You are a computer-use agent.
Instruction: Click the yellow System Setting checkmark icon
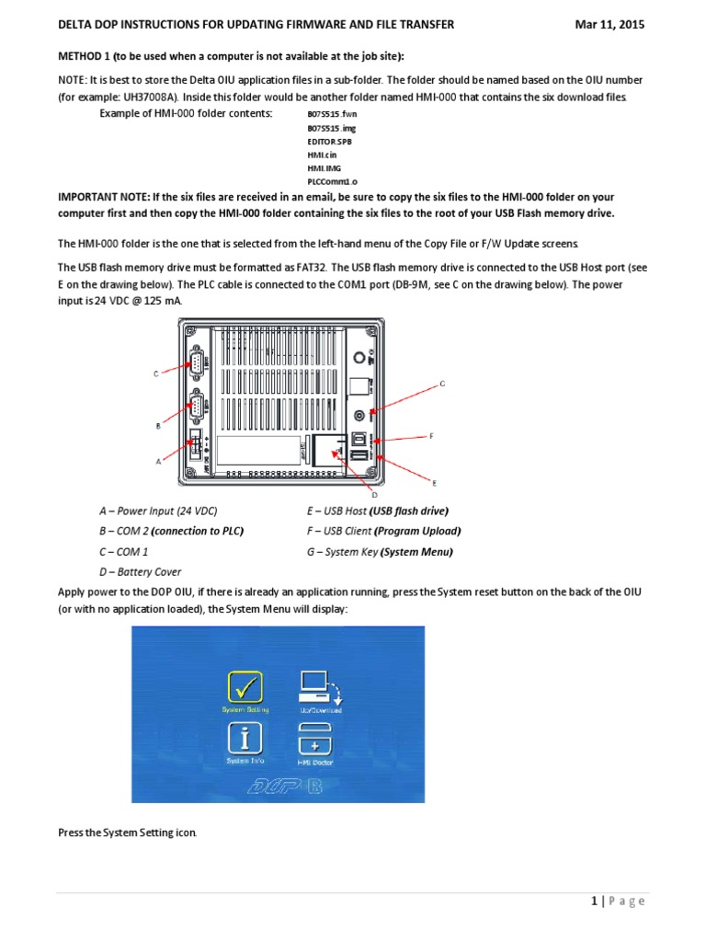(x=244, y=687)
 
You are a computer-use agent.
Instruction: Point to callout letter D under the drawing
(x=374, y=494)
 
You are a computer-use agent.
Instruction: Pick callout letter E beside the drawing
(x=435, y=481)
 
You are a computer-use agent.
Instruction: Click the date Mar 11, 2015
(x=609, y=25)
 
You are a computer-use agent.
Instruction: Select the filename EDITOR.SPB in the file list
(x=328, y=144)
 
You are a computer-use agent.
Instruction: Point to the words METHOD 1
(x=91, y=55)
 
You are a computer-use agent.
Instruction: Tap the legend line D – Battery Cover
(x=140, y=571)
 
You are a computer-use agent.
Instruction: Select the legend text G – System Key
(x=341, y=552)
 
